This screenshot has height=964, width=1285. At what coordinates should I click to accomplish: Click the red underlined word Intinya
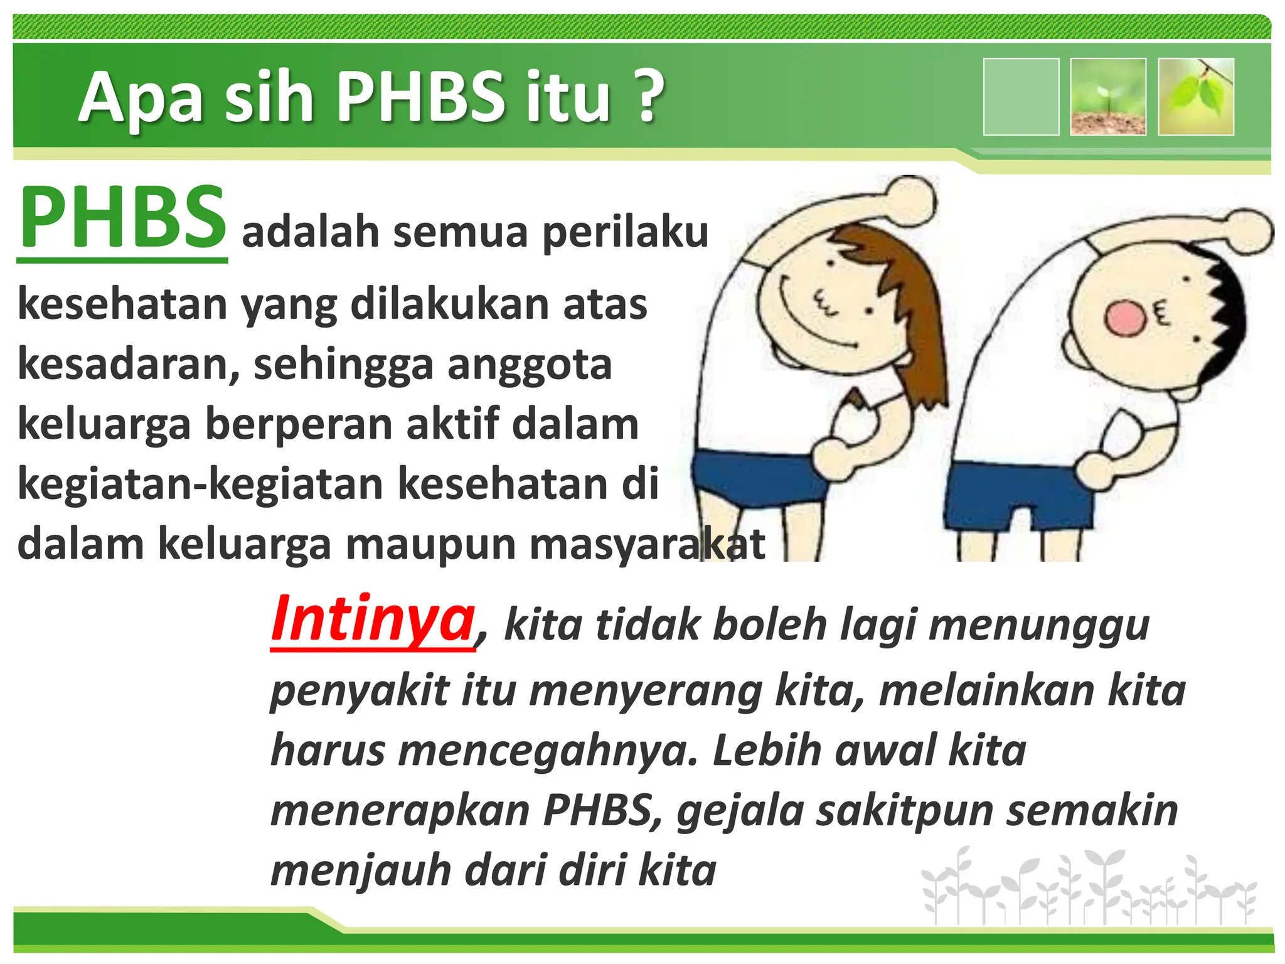373,619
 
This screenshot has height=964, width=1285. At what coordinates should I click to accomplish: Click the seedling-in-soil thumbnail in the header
1108,97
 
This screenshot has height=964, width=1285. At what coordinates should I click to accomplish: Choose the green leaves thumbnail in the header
1196,97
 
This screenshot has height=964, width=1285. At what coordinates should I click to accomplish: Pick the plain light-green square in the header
1021,97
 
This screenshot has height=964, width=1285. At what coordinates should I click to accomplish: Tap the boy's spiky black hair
1224,314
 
